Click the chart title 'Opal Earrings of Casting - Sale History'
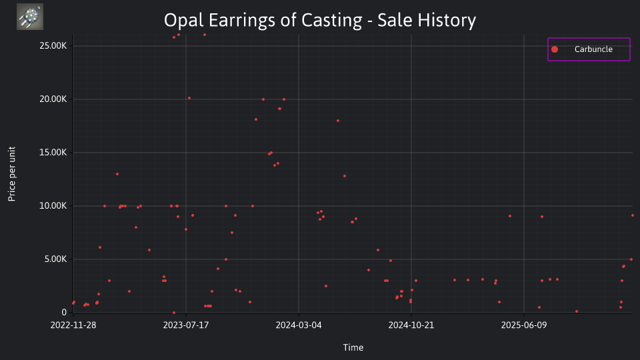coord(320,20)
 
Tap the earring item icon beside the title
coord(30,17)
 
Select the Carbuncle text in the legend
coord(593,49)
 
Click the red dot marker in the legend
coord(555,49)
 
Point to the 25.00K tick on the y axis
coord(53,46)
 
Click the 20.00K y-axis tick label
coord(53,99)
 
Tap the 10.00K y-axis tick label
coord(53,206)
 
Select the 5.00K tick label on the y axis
coord(55,259)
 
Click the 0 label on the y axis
coord(64,312)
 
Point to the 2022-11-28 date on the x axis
coord(73,325)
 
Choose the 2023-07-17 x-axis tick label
coord(186,325)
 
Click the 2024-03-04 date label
coord(299,325)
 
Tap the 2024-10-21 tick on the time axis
coord(411,325)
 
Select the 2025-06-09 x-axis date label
coord(524,325)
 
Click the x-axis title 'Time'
coord(353,347)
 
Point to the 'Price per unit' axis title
coord(12,174)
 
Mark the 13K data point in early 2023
coord(117,174)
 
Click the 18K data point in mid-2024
coord(338,121)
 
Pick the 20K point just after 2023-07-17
coord(189,98)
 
